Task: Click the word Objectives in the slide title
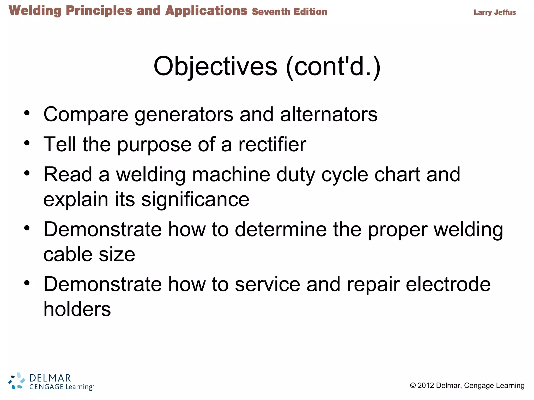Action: click(x=215, y=66)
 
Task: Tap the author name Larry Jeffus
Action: click(x=495, y=12)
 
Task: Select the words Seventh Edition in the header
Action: click(x=289, y=12)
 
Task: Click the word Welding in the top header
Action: click(x=35, y=11)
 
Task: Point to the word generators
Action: click(x=184, y=115)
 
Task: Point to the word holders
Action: click(x=77, y=309)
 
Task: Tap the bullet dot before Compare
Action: click(x=27, y=113)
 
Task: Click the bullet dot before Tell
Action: click(x=27, y=143)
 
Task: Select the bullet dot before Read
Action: click(x=27, y=173)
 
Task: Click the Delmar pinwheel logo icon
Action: click(x=17, y=381)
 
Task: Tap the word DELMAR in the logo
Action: click(x=50, y=378)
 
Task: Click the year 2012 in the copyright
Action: click(x=426, y=385)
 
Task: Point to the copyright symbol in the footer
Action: click(x=413, y=385)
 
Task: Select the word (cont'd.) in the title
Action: click(x=333, y=67)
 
